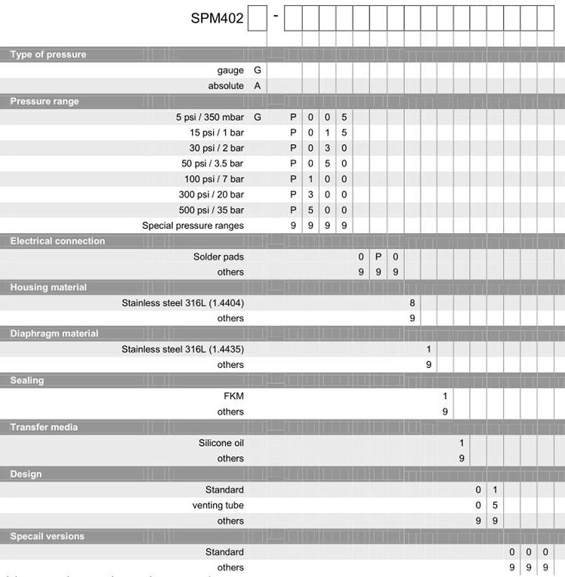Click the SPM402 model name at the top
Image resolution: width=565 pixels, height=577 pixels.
pyautogui.click(x=217, y=19)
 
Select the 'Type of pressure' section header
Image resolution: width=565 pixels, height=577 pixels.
pyautogui.click(x=48, y=54)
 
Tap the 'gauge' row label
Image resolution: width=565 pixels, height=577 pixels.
pyautogui.click(x=230, y=70)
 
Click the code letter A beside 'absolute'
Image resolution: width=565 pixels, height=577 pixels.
pyautogui.click(x=258, y=86)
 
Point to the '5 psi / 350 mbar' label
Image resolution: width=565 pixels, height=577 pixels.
pyautogui.click(x=210, y=117)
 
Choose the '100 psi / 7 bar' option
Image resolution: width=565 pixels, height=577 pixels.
pyautogui.click(x=214, y=180)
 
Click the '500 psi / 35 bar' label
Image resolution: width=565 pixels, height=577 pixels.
pyautogui.click(x=211, y=210)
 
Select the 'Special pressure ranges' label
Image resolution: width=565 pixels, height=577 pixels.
pyautogui.click(x=193, y=226)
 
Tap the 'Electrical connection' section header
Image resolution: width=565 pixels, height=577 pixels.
pyautogui.click(x=57, y=241)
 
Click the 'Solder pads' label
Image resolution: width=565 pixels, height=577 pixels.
pyautogui.click(x=218, y=257)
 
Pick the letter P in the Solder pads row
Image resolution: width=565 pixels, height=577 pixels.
pyautogui.click(x=378, y=257)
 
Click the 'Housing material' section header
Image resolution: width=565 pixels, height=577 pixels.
pyautogui.click(x=48, y=287)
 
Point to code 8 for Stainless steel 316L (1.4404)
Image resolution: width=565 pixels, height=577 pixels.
pyautogui.click(x=412, y=303)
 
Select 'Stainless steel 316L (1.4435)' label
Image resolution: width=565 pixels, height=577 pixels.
pyautogui.click(x=183, y=349)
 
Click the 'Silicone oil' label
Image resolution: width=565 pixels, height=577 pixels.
pyautogui.click(x=221, y=443)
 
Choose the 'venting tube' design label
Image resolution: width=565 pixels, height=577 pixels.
pyautogui.click(x=218, y=505)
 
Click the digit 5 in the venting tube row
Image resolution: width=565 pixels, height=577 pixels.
pyautogui.click(x=495, y=505)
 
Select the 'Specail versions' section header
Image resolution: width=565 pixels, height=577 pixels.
pyautogui.click(x=47, y=536)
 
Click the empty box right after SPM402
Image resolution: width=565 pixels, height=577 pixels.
pyautogui.click(x=258, y=18)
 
